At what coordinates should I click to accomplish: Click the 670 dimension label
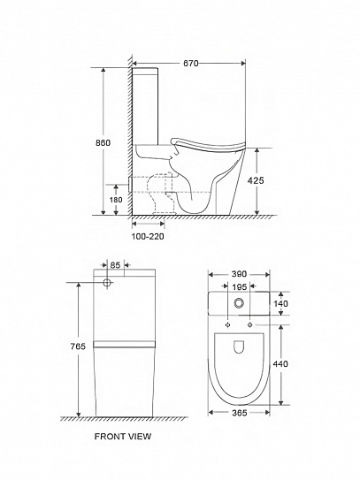click(x=190, y=63)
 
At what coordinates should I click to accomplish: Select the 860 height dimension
click(x=103, y=142)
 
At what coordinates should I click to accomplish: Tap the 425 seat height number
click(x=256, y=180)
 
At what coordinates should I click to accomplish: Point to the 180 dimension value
click(x=116, y=200)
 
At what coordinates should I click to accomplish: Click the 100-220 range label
click(x=148, y=236)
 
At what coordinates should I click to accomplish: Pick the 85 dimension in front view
click(x=115, y=265)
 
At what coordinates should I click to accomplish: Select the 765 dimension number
click(x=78, y=347)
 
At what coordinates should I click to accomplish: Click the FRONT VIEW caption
click(x=123, y=436)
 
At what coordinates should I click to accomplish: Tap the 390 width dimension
click(x=239, y=274)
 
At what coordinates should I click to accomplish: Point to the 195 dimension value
click(x=240, y=286)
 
